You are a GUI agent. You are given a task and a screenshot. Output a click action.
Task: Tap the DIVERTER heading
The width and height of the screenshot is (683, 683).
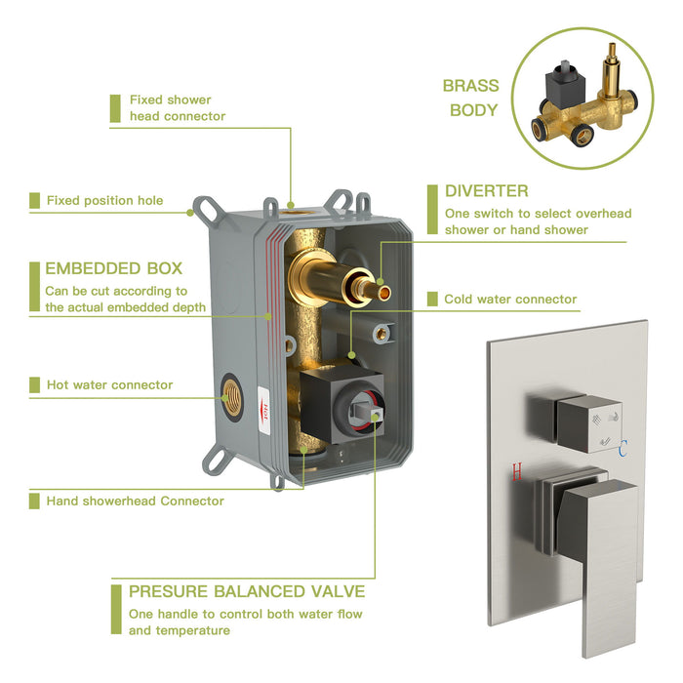pyautogui.click(x=486, y=191)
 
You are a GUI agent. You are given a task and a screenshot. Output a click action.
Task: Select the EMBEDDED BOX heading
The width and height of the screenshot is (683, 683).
pyautogui.click(x=113, y=268)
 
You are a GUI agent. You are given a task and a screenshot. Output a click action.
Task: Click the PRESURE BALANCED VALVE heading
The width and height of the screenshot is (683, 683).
pyautogui.click(x=247, y=591)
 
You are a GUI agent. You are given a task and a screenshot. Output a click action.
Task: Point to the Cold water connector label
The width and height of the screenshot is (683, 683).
pyautogui.click(x=510, y=300)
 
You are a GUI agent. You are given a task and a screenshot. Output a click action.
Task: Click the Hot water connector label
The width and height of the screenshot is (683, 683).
pyautogui.click(x=109, y=384)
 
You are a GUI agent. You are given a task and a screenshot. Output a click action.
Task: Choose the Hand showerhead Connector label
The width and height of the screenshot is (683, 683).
pyautogui.click(x=135, y=501)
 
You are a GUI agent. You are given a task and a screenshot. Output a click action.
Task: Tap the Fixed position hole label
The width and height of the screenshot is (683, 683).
pyautogui.click(x=104, y=200)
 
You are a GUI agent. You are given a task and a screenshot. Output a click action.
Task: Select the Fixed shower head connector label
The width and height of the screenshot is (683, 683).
pyautogui.click(x=177, y=107)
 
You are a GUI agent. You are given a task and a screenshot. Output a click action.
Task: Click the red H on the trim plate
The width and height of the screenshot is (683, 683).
pyautogui.click(x=517, y=472)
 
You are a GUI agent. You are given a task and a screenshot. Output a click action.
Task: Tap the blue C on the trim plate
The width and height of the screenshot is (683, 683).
pyautogui.click(x=623, y=448)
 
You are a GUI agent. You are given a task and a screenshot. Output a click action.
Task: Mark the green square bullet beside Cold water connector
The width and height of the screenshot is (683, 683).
pyautogui.click(x=432, y=300)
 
